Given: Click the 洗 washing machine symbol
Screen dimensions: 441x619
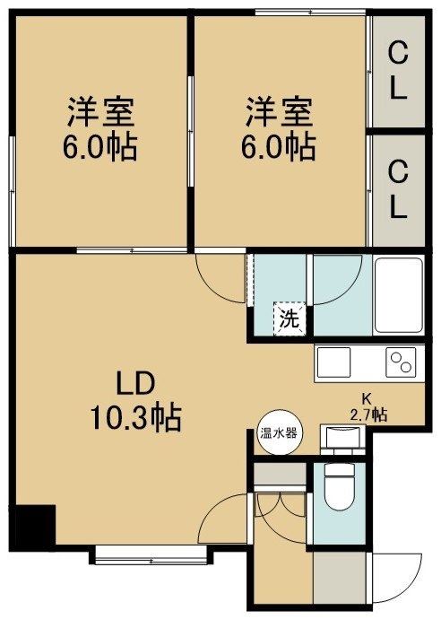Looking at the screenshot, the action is coord(290,319).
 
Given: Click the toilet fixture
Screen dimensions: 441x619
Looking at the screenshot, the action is coord(339,484).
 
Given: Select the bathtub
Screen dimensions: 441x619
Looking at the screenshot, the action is coord(398,295).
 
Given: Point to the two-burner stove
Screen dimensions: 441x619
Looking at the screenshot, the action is coord(402,362).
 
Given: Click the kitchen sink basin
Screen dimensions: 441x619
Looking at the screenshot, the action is coord(334,362).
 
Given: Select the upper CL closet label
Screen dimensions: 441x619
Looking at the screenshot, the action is coord(398,73).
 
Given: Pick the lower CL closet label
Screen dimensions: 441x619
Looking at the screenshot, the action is coord(398,191).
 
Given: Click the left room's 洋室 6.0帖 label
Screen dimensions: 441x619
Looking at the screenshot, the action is coord(100,128).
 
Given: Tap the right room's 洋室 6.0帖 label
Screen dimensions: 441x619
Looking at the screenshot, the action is coord(279,128).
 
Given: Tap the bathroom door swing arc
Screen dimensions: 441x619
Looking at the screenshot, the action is coord(339,281).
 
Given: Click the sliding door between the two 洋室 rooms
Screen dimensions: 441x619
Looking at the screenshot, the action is coord(191,131).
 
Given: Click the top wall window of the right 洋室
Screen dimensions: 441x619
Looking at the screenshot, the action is coord(310,13).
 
